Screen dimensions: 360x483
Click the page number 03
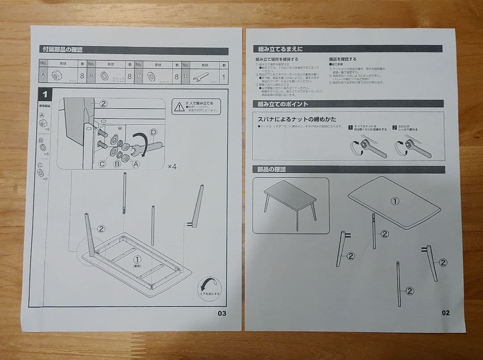[x=222, y=313]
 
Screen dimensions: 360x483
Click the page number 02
[x=445, y=313]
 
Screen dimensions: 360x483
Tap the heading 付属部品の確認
[x=63, y=50]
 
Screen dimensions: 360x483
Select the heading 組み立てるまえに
[x=280, y=49]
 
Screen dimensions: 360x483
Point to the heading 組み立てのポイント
[x=283, y=104]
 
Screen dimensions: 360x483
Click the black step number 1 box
[x=45, y=94]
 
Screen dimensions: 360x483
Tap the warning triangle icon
[x=180, y=107]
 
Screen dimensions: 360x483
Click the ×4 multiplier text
[x=172, y=166]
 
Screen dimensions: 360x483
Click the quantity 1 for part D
[x=223, y=76]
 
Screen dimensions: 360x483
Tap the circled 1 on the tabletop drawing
[x=394, y=201]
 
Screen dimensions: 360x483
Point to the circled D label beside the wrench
[x=153, y=132]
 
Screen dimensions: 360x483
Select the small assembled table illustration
[x=290, y=205]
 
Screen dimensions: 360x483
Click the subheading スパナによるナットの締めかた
[x=297, y=119]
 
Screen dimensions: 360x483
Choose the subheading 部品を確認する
[x=343, y=59]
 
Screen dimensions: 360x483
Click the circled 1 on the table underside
[x=138, y=259]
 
